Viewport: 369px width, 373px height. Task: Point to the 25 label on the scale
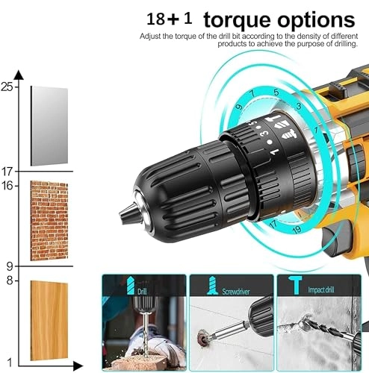tap(7, 87)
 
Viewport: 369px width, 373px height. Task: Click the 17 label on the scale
tap(7, 172)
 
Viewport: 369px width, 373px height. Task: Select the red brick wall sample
tap(49, 220)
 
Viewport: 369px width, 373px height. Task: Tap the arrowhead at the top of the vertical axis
tap(18, 74)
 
